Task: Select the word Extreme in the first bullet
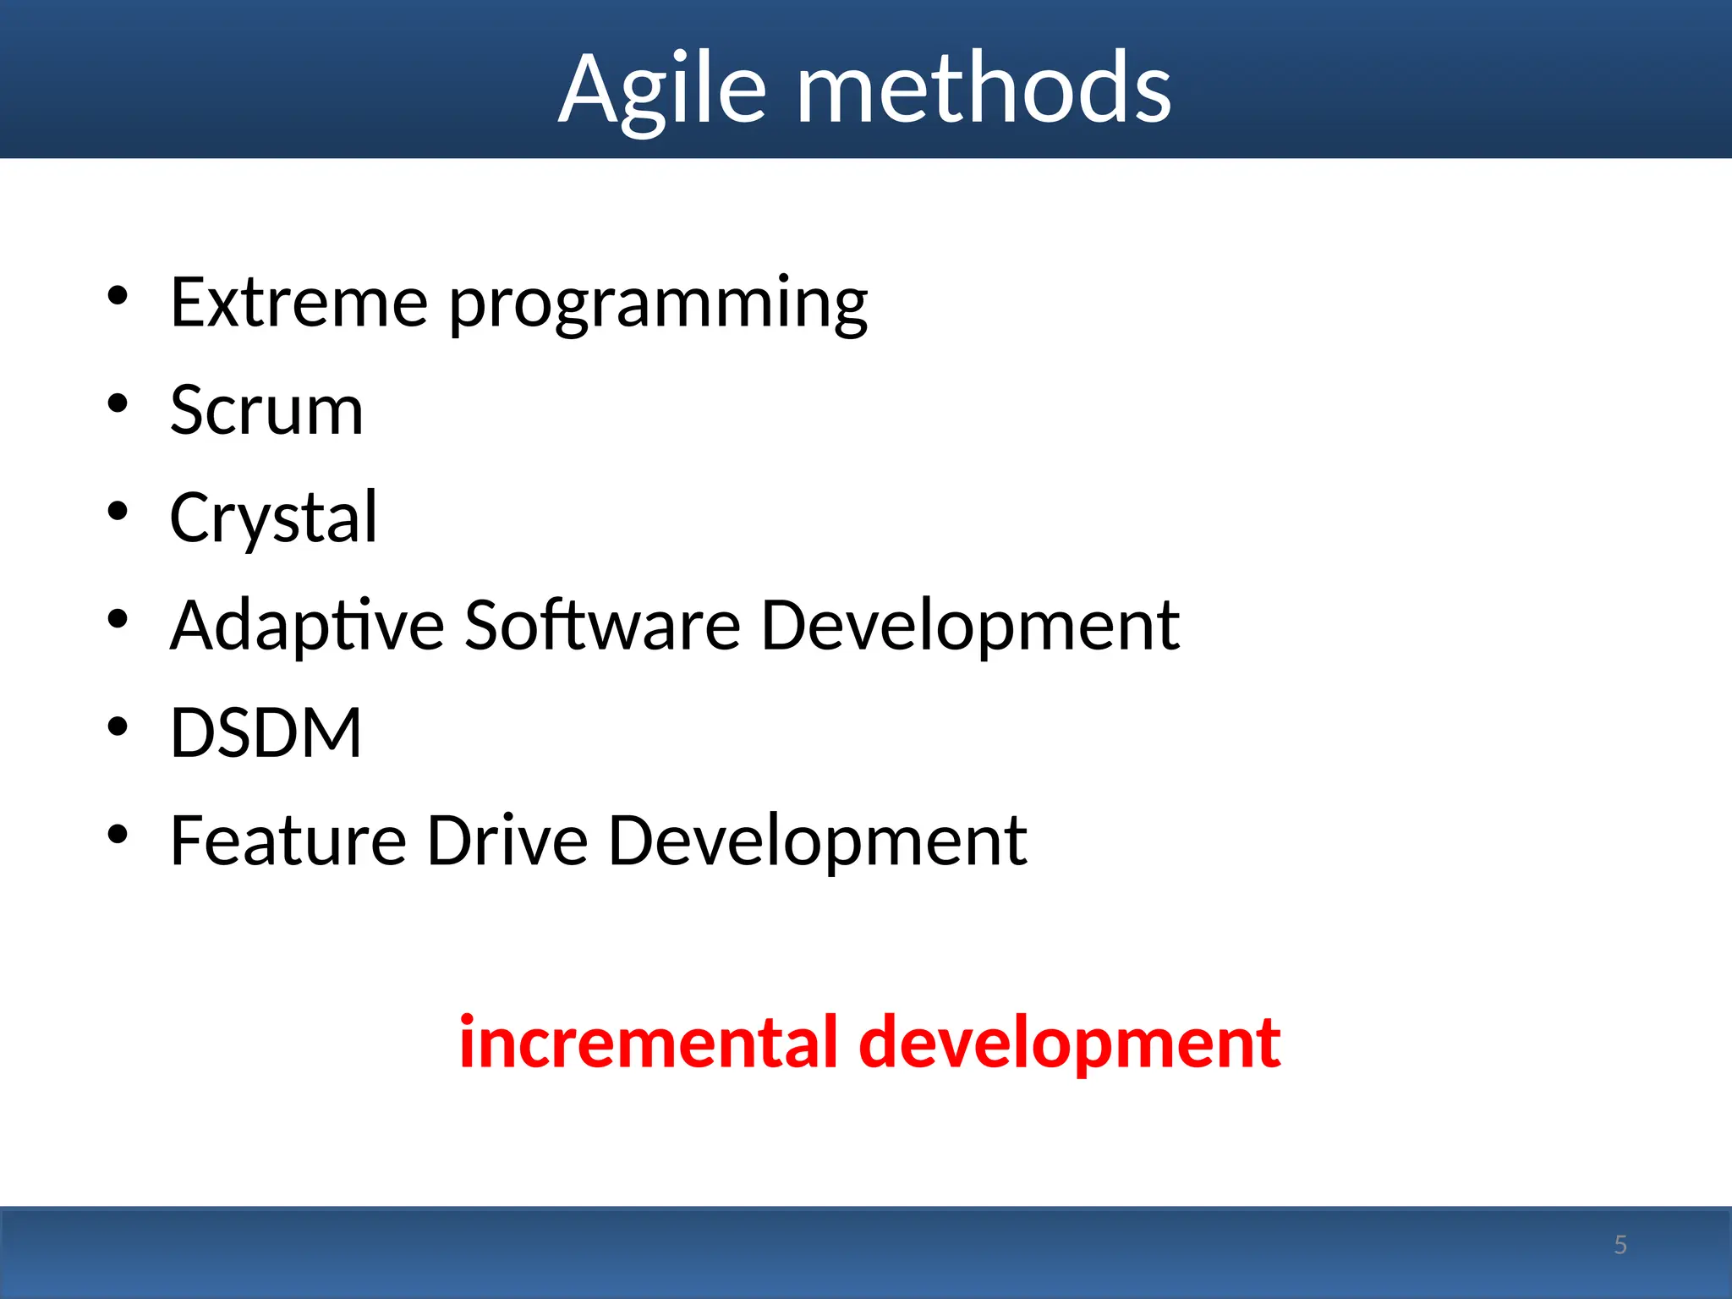coord(299,303)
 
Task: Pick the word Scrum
coord(266,410)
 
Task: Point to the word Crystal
coord(273,518)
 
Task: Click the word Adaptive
coord(307,626)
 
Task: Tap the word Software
coord(602,626)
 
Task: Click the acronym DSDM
coord(266,732)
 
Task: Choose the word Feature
coord(288,841)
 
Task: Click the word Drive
coord(507,841)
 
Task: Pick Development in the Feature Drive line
coord(817,842)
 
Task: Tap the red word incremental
coord(648,1042)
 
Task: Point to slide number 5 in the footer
coord(1620,1245)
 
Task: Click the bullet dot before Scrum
coord(118,403)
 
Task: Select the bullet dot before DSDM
coord(118,726)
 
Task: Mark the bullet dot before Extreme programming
coord(118,296)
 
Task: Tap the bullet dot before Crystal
coord(118,511)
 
